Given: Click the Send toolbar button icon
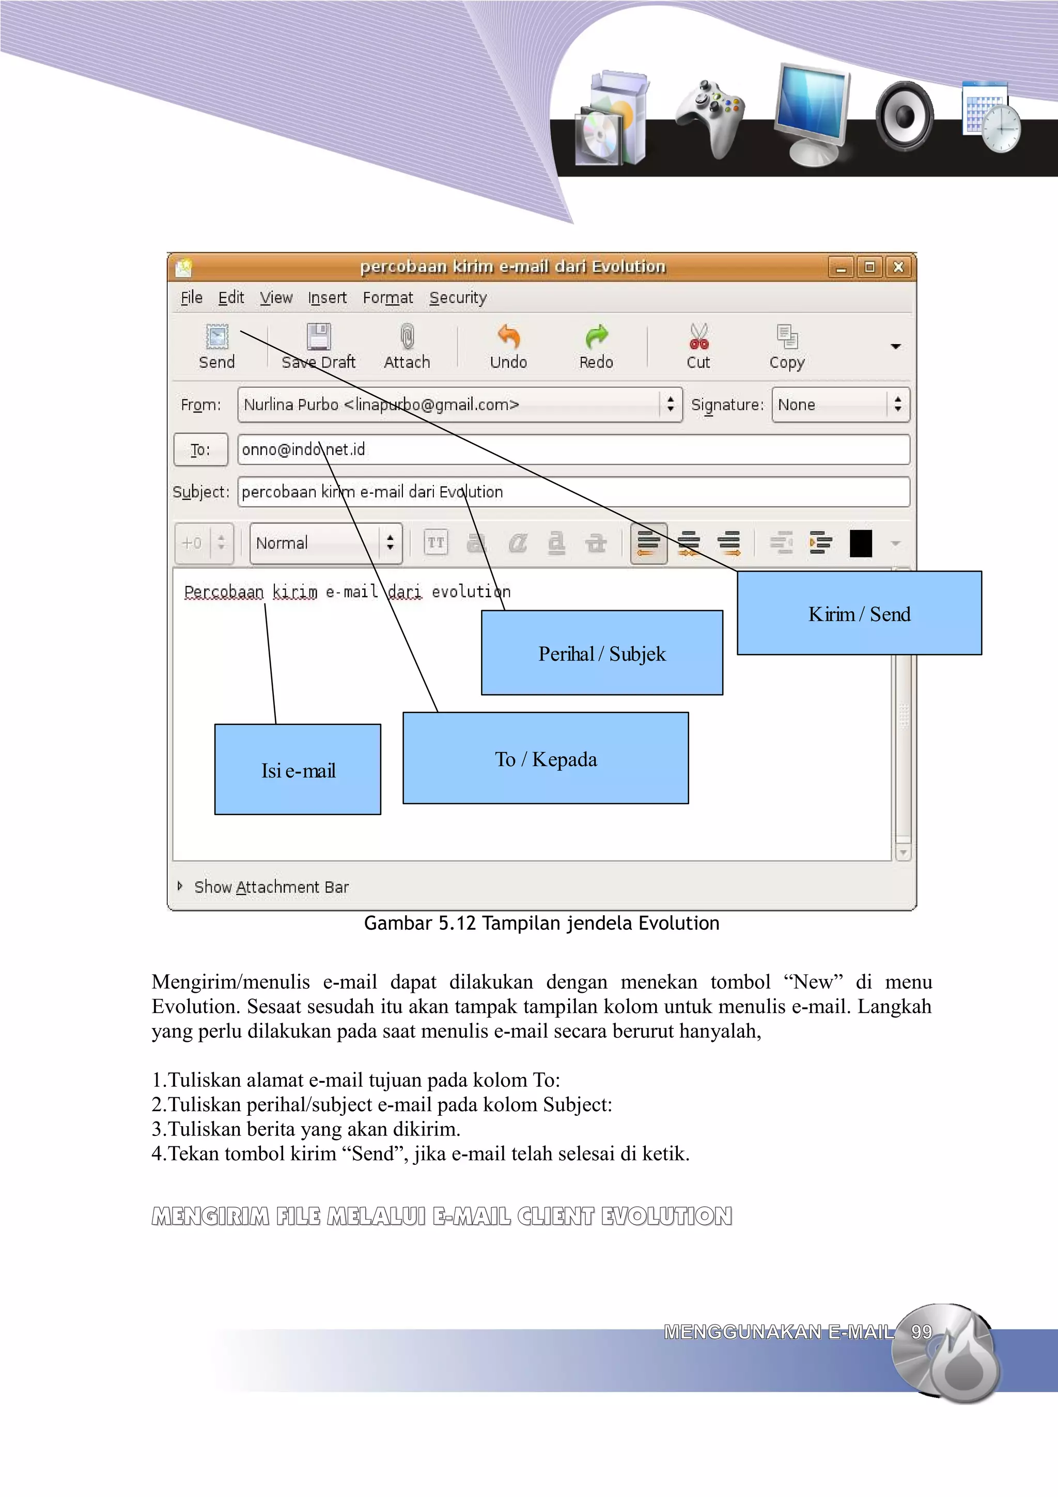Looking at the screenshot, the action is (216, 336).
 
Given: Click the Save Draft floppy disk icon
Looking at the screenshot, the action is (319, 336).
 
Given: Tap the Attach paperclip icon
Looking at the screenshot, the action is (407, 336).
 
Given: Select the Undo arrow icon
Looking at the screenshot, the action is (508, 336).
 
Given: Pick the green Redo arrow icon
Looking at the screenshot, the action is (596, 336).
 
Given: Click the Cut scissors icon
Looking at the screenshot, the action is (698, 336).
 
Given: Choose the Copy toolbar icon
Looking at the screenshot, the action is (787, 336).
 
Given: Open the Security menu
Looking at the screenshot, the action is (458, 298).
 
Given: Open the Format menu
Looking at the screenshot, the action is (388, 298).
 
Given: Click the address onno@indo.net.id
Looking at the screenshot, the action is (304, 450).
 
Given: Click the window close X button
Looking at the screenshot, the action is (898, 267).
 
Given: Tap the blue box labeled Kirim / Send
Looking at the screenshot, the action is (859, 614).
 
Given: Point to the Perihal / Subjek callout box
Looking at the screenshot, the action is (602, 653).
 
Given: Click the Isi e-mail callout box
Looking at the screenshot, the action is (298, 770).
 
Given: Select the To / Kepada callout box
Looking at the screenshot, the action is (546, 758).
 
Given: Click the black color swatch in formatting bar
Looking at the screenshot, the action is (861, 543).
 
